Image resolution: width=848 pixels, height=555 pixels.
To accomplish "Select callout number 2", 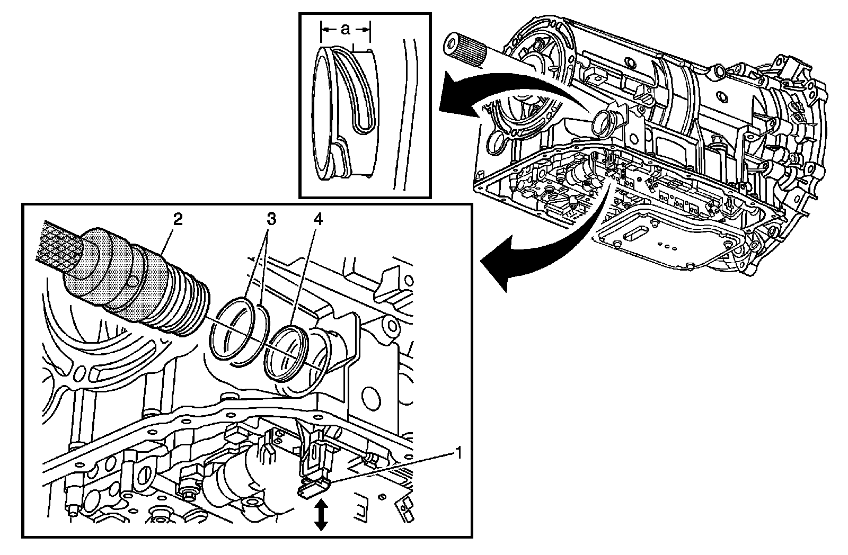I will pos(178,219).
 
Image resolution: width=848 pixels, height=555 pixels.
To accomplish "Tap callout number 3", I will pos(271,219).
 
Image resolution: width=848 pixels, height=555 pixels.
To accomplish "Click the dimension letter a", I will pos(345,30).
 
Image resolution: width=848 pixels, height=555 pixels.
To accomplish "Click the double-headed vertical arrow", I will pos(321,516).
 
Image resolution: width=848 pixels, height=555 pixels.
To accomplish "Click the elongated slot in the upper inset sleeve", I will pos(360,101).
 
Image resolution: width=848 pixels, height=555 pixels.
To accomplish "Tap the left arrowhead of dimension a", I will pos(324,30).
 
